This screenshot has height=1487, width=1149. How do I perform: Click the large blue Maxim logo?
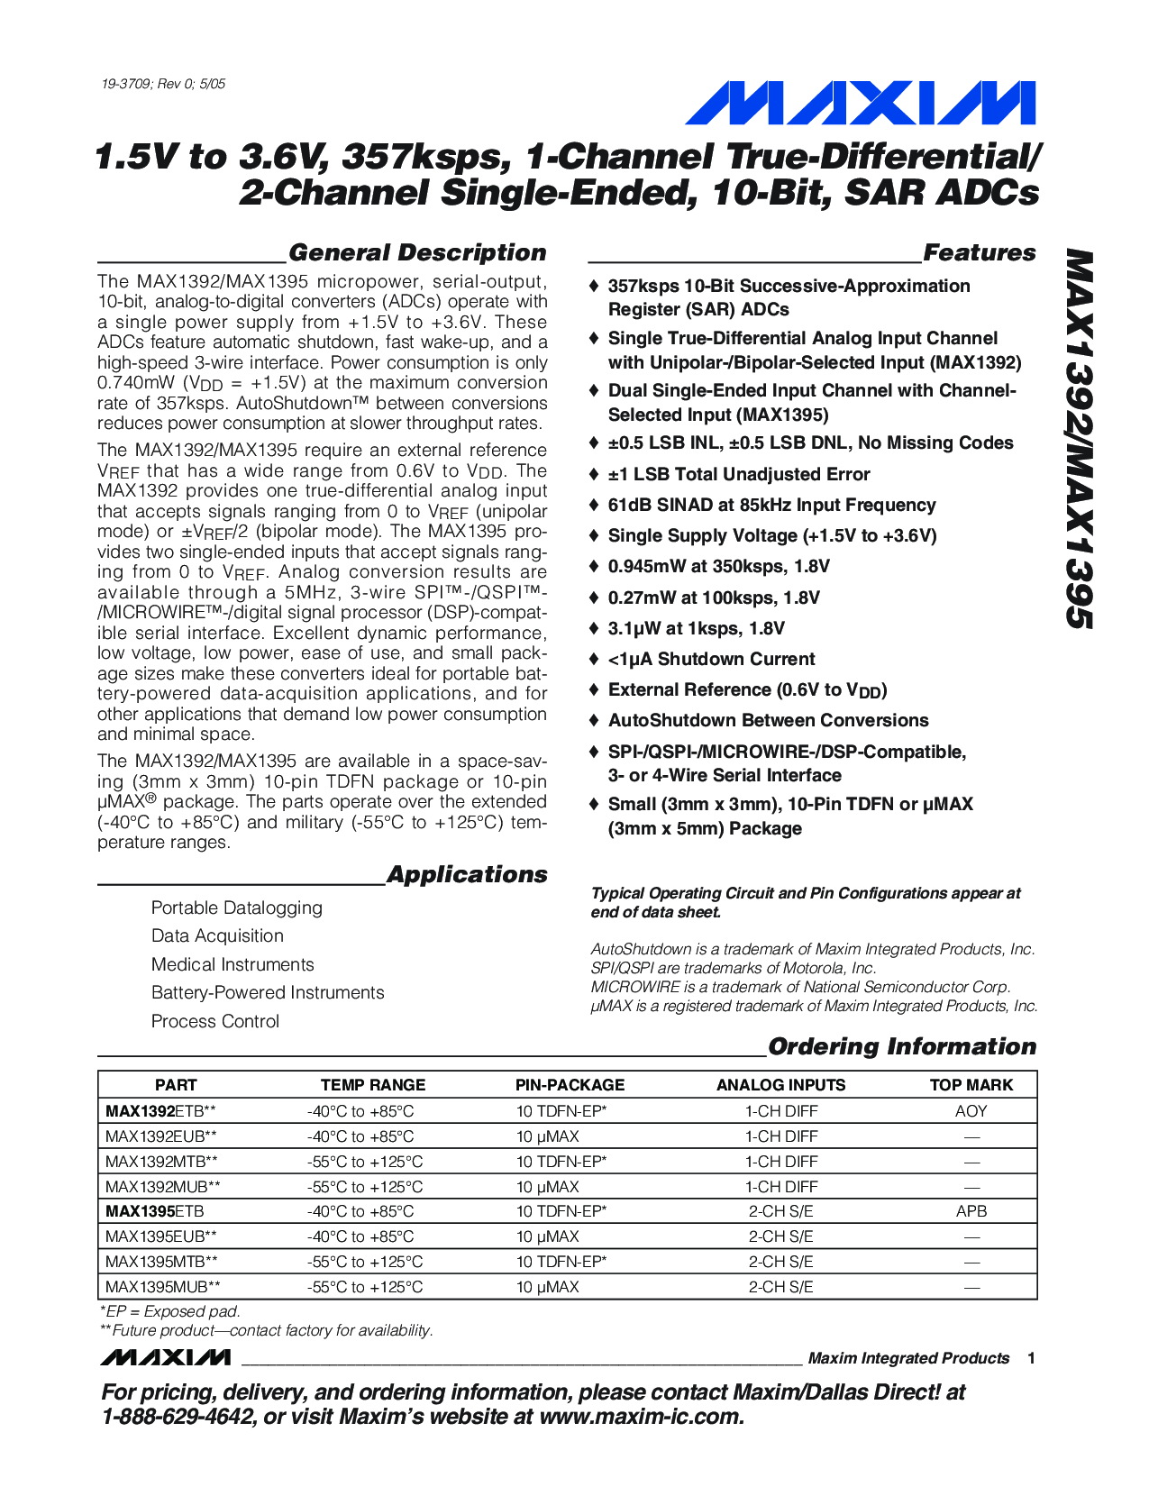pos(860,103)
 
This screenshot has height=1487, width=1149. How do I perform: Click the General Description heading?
pos(417,253)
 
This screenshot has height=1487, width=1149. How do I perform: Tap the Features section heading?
pos(979,253)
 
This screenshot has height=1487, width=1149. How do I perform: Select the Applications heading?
pos(466,875)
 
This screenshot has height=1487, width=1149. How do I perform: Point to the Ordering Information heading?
pos(901,1046)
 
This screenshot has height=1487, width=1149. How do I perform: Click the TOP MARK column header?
pos(971,1085)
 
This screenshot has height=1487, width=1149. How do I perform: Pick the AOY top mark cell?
pos(971,1111)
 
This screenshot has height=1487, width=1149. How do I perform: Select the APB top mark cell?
pos(971,1211)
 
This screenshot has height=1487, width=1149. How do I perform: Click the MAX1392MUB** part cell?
pos(162,1187)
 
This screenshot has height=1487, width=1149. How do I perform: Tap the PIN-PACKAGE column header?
pos(570,1085)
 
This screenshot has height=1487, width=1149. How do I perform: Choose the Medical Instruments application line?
pos(233,964)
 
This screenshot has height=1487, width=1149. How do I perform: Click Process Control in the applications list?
pos(215,1021)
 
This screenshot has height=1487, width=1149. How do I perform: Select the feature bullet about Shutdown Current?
pos(711,660)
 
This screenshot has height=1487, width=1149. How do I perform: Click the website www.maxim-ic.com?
pos(641,1417)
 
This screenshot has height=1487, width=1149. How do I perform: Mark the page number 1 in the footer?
pos(1031,1358)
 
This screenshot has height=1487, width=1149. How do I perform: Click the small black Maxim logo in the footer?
pos(166,1358)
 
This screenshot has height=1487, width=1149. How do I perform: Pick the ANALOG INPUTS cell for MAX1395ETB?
pos(780,1211)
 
